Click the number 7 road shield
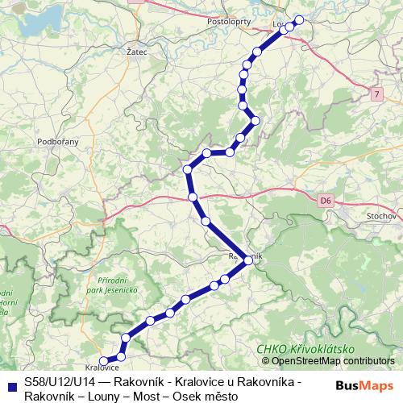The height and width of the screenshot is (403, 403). click(x=376, y=95)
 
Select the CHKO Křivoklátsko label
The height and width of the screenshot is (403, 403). click(x=305, y=348)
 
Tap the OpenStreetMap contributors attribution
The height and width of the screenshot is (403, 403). click(x=328, y=361)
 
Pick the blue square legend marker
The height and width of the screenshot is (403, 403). click(x=10, y=384)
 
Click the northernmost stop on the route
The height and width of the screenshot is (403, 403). click(x=300, y=19)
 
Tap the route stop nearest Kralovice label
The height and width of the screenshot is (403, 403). click(x=102, y=362)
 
